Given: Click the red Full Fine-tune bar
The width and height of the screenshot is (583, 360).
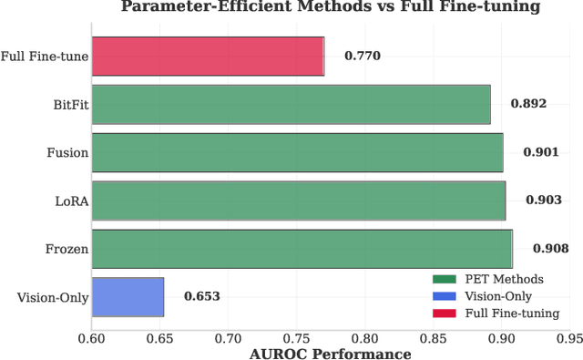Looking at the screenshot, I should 208,57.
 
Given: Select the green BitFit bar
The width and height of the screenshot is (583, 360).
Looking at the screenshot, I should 291,105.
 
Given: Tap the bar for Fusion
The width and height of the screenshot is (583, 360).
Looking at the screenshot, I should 297,152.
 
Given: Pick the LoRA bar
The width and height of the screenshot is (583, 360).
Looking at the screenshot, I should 299,201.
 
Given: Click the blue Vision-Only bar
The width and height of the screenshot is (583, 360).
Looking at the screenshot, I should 128,296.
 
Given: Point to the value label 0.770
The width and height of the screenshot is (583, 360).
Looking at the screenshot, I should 362,57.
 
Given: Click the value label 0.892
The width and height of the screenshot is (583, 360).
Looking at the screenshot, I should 528,104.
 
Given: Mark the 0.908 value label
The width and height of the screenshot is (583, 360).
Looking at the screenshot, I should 550,249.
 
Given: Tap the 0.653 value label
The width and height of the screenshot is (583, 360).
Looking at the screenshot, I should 201,296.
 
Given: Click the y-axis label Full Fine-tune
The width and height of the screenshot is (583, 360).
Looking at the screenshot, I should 45,57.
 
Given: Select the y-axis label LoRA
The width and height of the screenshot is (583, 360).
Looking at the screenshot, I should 71,201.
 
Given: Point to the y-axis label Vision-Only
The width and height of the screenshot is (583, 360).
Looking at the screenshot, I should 53,297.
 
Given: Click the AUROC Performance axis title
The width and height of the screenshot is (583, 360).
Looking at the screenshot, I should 330,353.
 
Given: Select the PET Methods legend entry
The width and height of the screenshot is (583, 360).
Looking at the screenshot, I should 504,279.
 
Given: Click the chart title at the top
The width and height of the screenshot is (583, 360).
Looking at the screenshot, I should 330,8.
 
